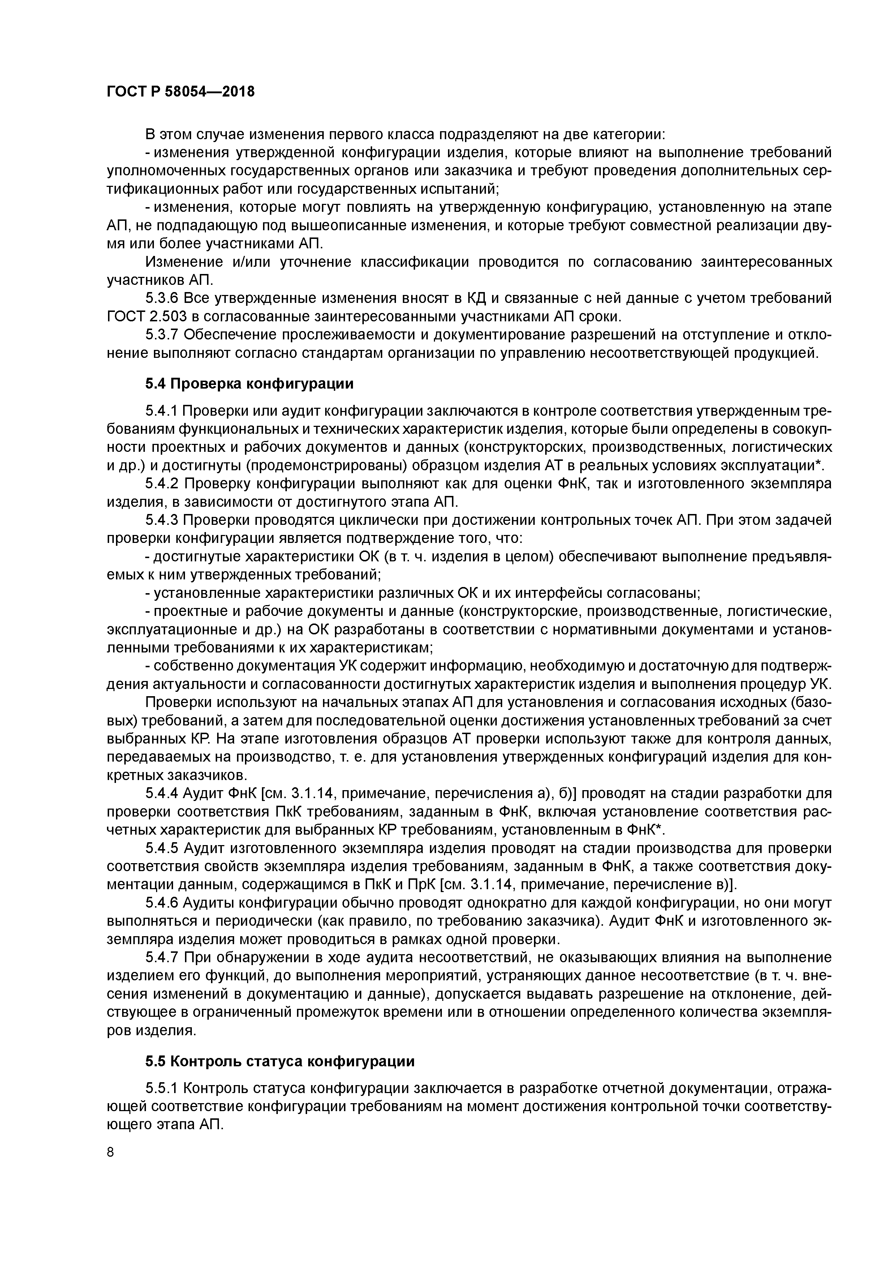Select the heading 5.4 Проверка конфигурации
click(x=250, y=383)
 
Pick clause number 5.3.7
click(x=162, y=335)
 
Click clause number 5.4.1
click(x=162, y=411)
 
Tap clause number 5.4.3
click(x=162, y=521)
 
